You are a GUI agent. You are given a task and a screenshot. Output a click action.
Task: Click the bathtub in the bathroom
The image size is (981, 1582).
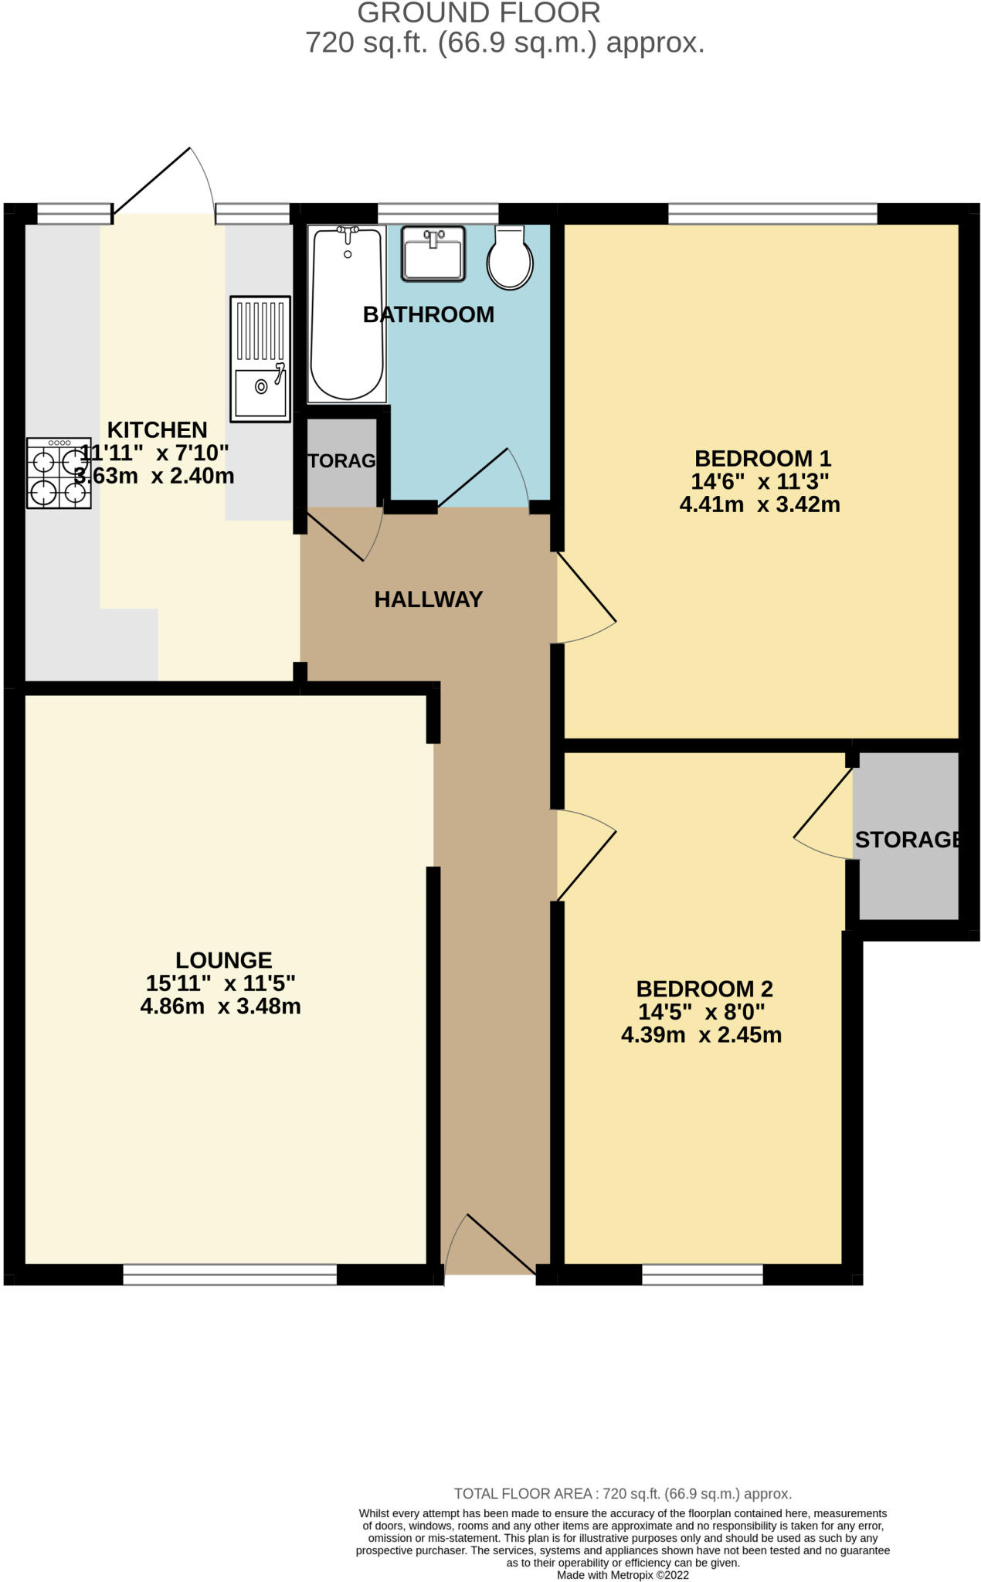347,314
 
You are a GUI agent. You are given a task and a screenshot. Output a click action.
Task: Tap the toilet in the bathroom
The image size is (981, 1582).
510,257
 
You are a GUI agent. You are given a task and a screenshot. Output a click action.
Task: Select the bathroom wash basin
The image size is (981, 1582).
433,253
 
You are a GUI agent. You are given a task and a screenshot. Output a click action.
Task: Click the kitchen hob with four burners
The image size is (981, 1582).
59,473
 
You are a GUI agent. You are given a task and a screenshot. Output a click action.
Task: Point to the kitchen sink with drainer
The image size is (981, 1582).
260,359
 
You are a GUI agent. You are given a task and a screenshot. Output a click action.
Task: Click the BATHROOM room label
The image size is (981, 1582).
429,314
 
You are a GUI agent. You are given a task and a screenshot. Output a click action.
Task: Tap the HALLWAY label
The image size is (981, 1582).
429,599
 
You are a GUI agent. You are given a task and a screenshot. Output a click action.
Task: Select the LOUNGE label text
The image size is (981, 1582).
224,960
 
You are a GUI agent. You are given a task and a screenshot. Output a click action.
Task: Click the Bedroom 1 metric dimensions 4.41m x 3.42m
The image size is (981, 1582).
760,505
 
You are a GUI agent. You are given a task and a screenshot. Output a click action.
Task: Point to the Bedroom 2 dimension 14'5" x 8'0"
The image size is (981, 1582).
701,1012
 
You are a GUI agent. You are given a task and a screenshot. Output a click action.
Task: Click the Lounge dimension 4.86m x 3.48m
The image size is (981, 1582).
221,1007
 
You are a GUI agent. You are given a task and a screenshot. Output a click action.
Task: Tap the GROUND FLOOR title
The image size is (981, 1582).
479,13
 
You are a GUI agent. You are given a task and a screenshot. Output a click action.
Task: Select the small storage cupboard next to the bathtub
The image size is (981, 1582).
342,462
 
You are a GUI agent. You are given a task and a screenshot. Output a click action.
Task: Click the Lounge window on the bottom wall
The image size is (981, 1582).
230,1275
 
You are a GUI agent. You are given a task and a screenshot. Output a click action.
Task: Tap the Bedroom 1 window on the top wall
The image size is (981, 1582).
772,213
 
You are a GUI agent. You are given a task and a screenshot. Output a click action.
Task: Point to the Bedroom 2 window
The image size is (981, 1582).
702,1275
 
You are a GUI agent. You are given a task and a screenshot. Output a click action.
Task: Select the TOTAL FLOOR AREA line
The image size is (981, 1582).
623,1494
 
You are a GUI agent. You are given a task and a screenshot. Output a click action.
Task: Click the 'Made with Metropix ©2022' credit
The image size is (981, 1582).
623,1575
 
